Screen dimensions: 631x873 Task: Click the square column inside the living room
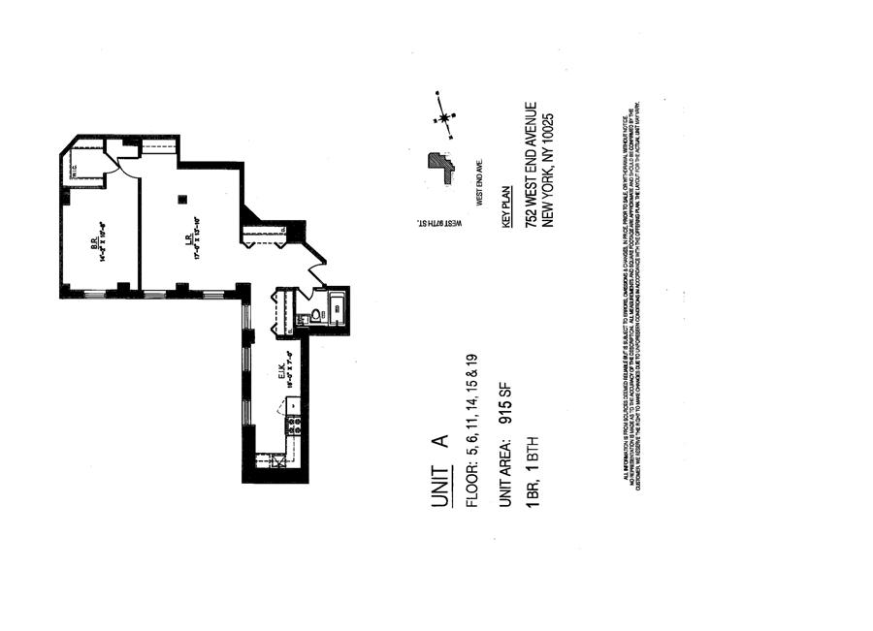[x=181, y=201]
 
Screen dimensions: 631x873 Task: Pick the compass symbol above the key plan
[x=445, y=118]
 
